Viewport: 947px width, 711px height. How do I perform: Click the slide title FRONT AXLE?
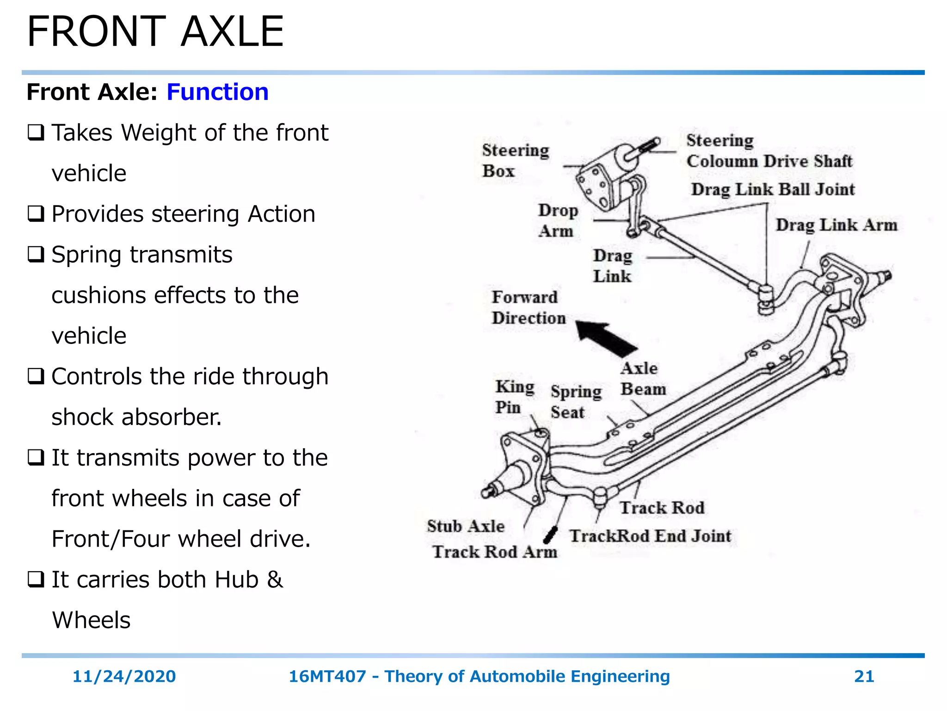click(155, 31)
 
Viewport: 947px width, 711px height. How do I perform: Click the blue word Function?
click(217, 92)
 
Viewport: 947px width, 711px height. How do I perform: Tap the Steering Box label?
click(515, 160)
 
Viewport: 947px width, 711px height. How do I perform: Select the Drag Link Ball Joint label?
click(773, 189)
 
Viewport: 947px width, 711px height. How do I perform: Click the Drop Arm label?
click(558, 220)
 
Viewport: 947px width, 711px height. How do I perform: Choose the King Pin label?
click(514, 397)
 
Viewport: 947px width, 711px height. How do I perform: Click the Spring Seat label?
click(576, 401)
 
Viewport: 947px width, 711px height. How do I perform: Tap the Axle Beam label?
click(643, 379)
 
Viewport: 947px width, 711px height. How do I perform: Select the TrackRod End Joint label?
click(650, 536)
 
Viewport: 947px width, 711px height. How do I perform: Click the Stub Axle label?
click(465, 526)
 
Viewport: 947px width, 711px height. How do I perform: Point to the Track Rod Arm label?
click(495, 552)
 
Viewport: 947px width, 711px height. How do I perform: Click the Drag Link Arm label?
click(836, 225)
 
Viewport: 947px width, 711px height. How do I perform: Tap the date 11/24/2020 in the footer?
click(124, 676)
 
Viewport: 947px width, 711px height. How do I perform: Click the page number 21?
click(864, 676)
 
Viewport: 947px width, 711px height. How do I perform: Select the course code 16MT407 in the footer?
click(327, 676)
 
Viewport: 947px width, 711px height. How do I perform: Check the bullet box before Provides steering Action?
click(36, 214)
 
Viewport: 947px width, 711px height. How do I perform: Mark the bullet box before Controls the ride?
click(36, 376)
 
